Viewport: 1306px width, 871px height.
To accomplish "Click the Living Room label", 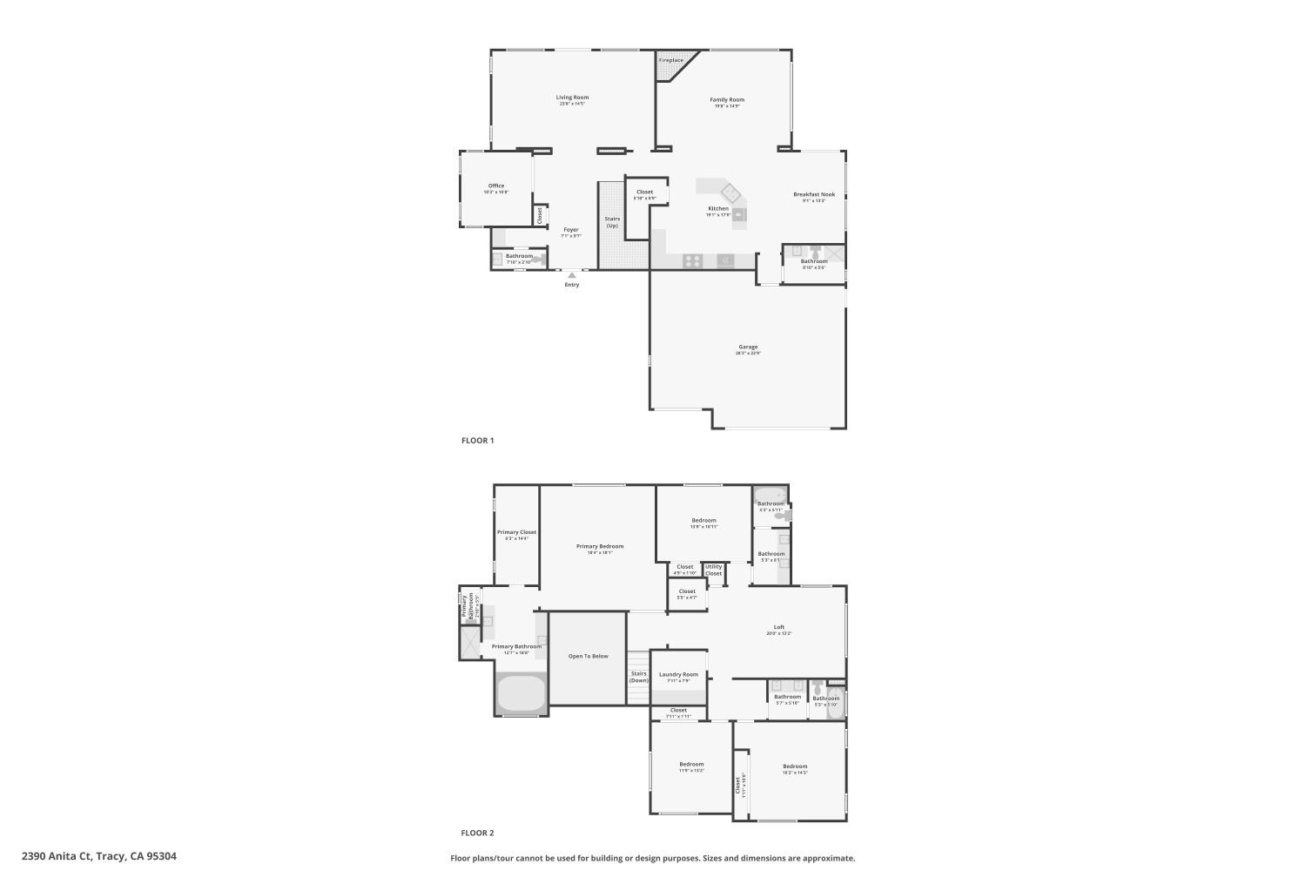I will [573, 98].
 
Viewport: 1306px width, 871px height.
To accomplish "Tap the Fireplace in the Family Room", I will [671, 60].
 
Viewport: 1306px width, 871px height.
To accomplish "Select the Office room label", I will [496, 186].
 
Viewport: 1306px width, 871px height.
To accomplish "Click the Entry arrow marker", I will [572, 275].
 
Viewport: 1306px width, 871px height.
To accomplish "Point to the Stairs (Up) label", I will [612, 222].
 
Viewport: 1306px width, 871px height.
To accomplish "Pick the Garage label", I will [748, 347].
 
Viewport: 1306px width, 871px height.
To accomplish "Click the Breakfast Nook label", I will [814, 194].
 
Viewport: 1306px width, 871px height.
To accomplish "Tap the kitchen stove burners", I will [692, 260].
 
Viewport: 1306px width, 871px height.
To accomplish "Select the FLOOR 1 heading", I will [477, 441].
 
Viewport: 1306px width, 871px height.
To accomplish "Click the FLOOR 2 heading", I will [477, 833].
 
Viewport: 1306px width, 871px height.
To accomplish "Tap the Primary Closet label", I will [516, 532].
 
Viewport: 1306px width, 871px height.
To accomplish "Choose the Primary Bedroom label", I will [600, 546].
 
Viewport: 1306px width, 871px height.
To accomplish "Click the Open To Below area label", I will [589, 656].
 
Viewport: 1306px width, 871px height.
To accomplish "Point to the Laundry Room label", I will [678, 674].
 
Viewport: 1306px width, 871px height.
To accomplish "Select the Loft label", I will [779, 627].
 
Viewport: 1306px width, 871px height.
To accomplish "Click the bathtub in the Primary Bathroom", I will [521, 694].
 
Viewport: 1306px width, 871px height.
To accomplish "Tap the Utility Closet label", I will [714, 570].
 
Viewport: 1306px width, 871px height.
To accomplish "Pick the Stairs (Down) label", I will [639, 677].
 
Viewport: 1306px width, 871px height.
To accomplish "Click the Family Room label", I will [727, 100].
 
